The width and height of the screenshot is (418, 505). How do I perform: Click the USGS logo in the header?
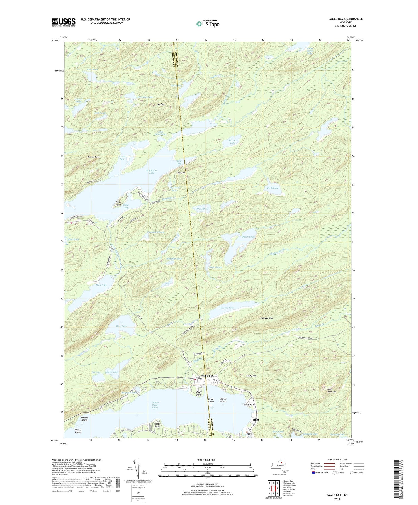click(x=64, y=22)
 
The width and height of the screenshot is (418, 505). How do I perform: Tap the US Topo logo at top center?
click(x=208, y=24)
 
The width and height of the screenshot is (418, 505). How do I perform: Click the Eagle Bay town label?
click(x=207, y=376)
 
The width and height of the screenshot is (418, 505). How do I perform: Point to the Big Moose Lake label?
click(x=152, y=172)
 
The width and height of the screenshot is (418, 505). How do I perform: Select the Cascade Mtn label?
click(x=266, y=318)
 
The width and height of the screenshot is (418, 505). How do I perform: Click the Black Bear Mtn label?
click(x=332, y=391)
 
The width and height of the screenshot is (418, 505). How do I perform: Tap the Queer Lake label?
click(x=248, y=237)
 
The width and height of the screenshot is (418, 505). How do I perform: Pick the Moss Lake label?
click(x=121, y=326)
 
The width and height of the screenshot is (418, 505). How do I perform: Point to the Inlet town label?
click(x=256, y=419)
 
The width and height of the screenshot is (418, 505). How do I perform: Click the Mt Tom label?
click(x=161, y=104)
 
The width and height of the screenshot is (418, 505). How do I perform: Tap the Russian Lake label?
click(x=233, y=142)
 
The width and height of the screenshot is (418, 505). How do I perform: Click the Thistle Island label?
click(x=78, y=431)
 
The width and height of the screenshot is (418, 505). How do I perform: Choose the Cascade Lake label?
click(x=227, y=308)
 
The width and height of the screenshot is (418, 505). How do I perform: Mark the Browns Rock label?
click(x=93, y=157)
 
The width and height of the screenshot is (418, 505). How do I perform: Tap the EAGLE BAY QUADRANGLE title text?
click(x=346, y=19)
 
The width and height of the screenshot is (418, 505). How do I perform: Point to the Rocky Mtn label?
click(x=251, y=376)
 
